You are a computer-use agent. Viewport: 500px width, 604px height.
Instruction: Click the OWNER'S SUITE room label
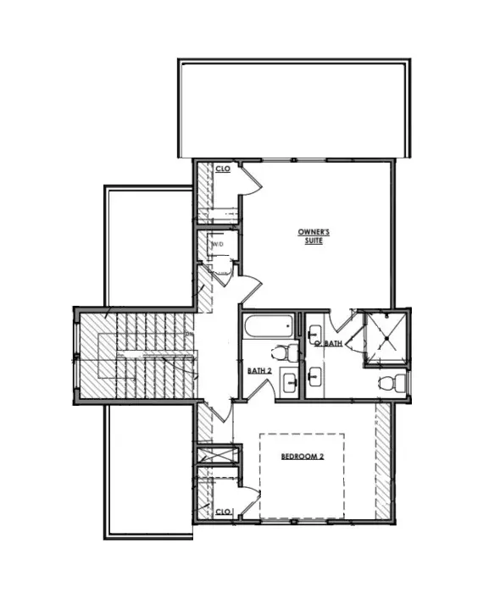[x=314, y=236]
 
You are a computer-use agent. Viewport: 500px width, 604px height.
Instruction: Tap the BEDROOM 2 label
[x=303, y=457]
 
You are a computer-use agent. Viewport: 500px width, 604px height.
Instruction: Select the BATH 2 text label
[x=259, y=371]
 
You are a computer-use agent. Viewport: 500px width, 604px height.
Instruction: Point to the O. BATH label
[x=329, y=343]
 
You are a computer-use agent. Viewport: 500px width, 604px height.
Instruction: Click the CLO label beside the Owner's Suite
[x=223, y=169]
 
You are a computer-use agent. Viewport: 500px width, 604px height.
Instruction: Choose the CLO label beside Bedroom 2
[x=223, y=512]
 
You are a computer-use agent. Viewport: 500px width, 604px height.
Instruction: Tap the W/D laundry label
[x=218, y=244]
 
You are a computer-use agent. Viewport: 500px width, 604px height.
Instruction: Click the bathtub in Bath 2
[x=269, y=327]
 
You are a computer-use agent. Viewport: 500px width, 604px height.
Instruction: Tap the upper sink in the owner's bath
[x=315, y=333]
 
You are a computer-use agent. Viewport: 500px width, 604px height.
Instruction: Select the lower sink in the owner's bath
[x=315, y=376]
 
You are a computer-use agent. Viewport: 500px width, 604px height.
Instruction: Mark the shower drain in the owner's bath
[x=386, y=338]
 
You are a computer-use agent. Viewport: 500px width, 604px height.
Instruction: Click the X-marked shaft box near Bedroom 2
[x=217, y=455]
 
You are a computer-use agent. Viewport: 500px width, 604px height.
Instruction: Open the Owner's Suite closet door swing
[x=250, y=180]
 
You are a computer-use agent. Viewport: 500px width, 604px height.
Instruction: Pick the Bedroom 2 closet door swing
[x=250, y=500]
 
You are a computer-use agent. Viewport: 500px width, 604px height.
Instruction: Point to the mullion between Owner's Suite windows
[x=294, y=160]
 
